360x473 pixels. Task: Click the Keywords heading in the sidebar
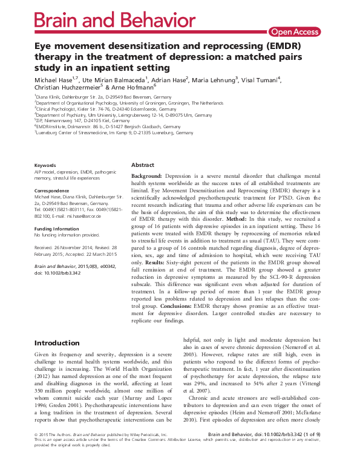coord(45,165)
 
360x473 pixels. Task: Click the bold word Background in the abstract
coord(151,175)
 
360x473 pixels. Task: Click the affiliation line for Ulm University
coord(106,114)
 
